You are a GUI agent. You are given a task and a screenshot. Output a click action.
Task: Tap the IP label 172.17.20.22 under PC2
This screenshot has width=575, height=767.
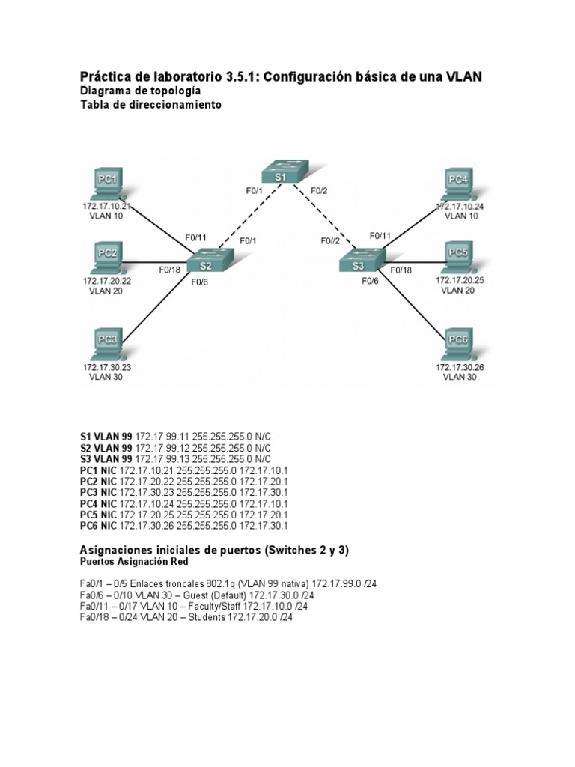point(104,280)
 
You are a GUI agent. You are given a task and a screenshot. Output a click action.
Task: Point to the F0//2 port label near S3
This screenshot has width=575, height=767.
point(330,240)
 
